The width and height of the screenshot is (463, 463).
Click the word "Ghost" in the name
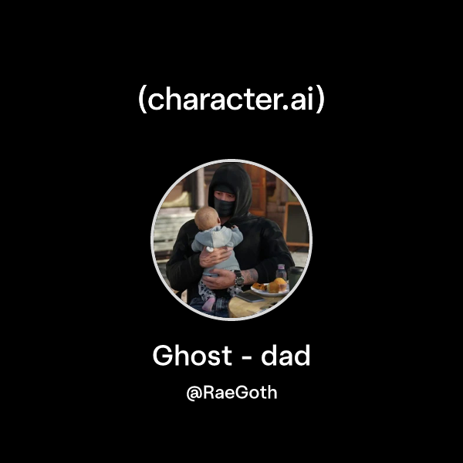(x=191, y=356)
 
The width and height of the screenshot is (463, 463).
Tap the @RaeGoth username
(x=231, y=393)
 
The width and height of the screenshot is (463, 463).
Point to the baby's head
(x=206, y=218)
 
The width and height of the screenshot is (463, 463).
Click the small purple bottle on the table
(x=282, y=272)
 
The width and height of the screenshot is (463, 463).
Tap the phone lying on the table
(x=251, y=296)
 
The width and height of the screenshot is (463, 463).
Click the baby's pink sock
(x=208, y=303)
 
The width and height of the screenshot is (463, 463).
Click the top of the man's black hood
(x=230, y=170)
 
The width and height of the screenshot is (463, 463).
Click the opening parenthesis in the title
(x=143, y=100)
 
